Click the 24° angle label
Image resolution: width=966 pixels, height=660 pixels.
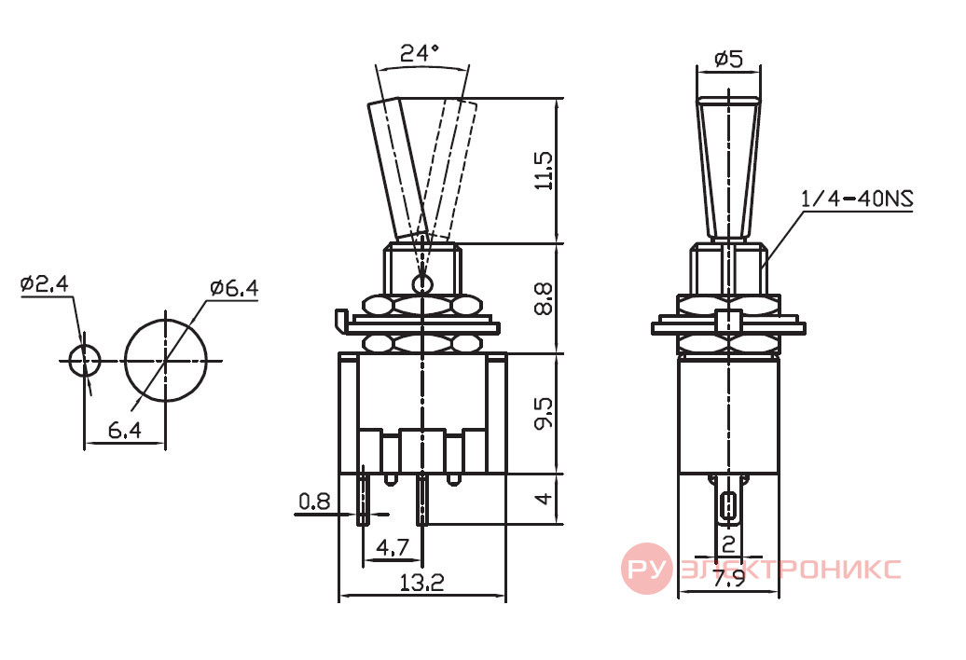tap(420, 53)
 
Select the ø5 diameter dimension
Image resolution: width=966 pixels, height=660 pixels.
tap(729, 59)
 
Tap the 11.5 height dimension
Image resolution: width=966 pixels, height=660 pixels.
tap(544, 171)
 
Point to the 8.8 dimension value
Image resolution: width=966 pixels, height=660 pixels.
tap(544, 298)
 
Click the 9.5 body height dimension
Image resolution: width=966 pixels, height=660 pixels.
tap(544, 413)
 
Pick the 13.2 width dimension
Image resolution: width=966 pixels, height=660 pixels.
tap(422, 582)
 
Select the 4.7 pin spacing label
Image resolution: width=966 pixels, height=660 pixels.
tap(393, 546)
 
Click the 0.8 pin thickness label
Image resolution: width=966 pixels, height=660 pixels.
tap(314, 502)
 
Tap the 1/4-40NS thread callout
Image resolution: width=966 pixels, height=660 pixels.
tap(857, 199)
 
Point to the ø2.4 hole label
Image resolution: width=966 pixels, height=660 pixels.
tap(45, 283)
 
